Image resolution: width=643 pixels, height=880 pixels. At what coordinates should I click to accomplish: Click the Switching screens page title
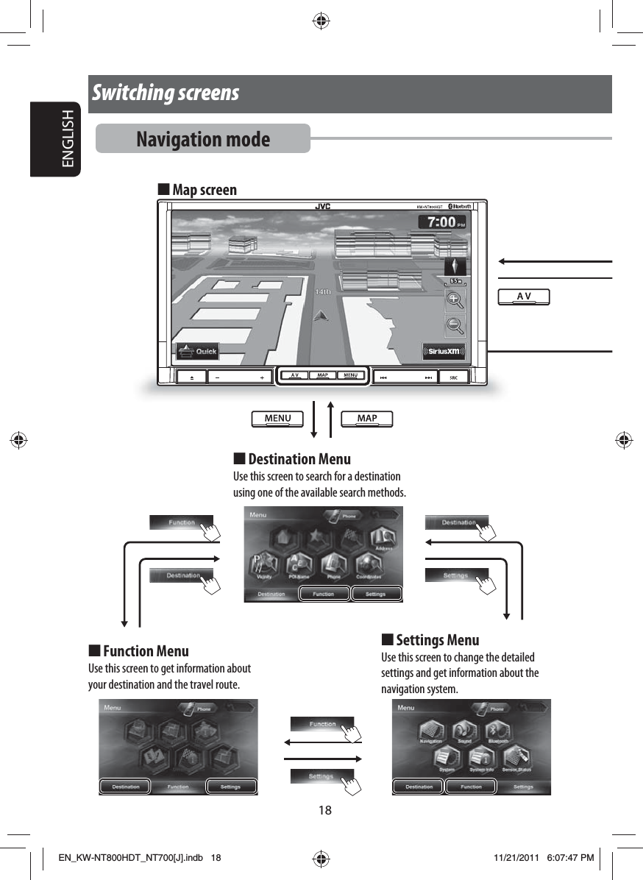pos(166,93)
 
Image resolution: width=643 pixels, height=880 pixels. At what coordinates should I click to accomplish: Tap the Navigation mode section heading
pos(203,139)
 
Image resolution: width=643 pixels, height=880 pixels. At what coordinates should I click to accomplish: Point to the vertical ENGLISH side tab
pos(68,140)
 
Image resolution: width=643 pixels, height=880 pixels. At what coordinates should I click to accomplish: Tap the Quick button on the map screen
pos(196,351)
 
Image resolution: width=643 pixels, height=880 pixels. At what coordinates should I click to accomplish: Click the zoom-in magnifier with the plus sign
pos(455,300)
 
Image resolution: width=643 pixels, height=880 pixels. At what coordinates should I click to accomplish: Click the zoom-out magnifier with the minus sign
pos(455,325)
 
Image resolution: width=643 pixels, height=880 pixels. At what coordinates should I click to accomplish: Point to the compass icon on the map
pos(456,266)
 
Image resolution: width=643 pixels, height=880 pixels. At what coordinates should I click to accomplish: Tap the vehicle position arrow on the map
pos(321,316)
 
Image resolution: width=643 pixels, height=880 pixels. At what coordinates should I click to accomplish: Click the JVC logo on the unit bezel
pos(322,207)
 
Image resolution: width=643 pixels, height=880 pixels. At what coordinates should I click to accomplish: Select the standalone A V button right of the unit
pos(524,296)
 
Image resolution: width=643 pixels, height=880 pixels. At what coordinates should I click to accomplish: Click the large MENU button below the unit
pos(277,419)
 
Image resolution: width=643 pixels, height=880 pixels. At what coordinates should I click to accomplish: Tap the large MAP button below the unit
pos(366,419)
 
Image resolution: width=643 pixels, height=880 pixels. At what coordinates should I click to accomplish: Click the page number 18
pos(324,810)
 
